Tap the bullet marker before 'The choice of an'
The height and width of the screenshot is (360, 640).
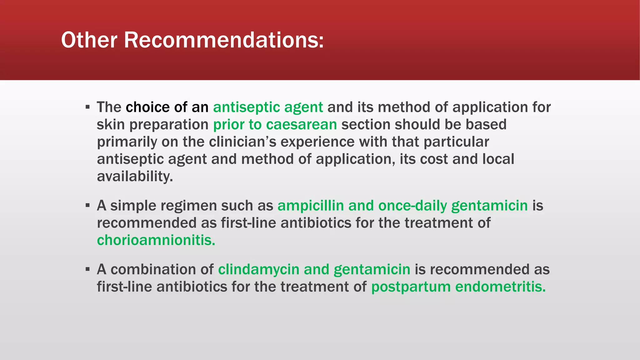(87, 107)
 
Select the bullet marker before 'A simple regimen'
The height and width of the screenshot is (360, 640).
(87, 206)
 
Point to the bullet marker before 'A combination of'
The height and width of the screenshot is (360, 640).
(87, 269)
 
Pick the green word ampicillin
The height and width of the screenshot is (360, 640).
(311, 206)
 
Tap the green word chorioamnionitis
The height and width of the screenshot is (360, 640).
(156, 240)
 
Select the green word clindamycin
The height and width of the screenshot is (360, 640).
(258, 269)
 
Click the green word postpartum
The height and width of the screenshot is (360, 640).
(411, 287)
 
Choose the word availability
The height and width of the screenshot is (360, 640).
(135, 177)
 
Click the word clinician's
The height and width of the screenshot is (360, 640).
(242, 142)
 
